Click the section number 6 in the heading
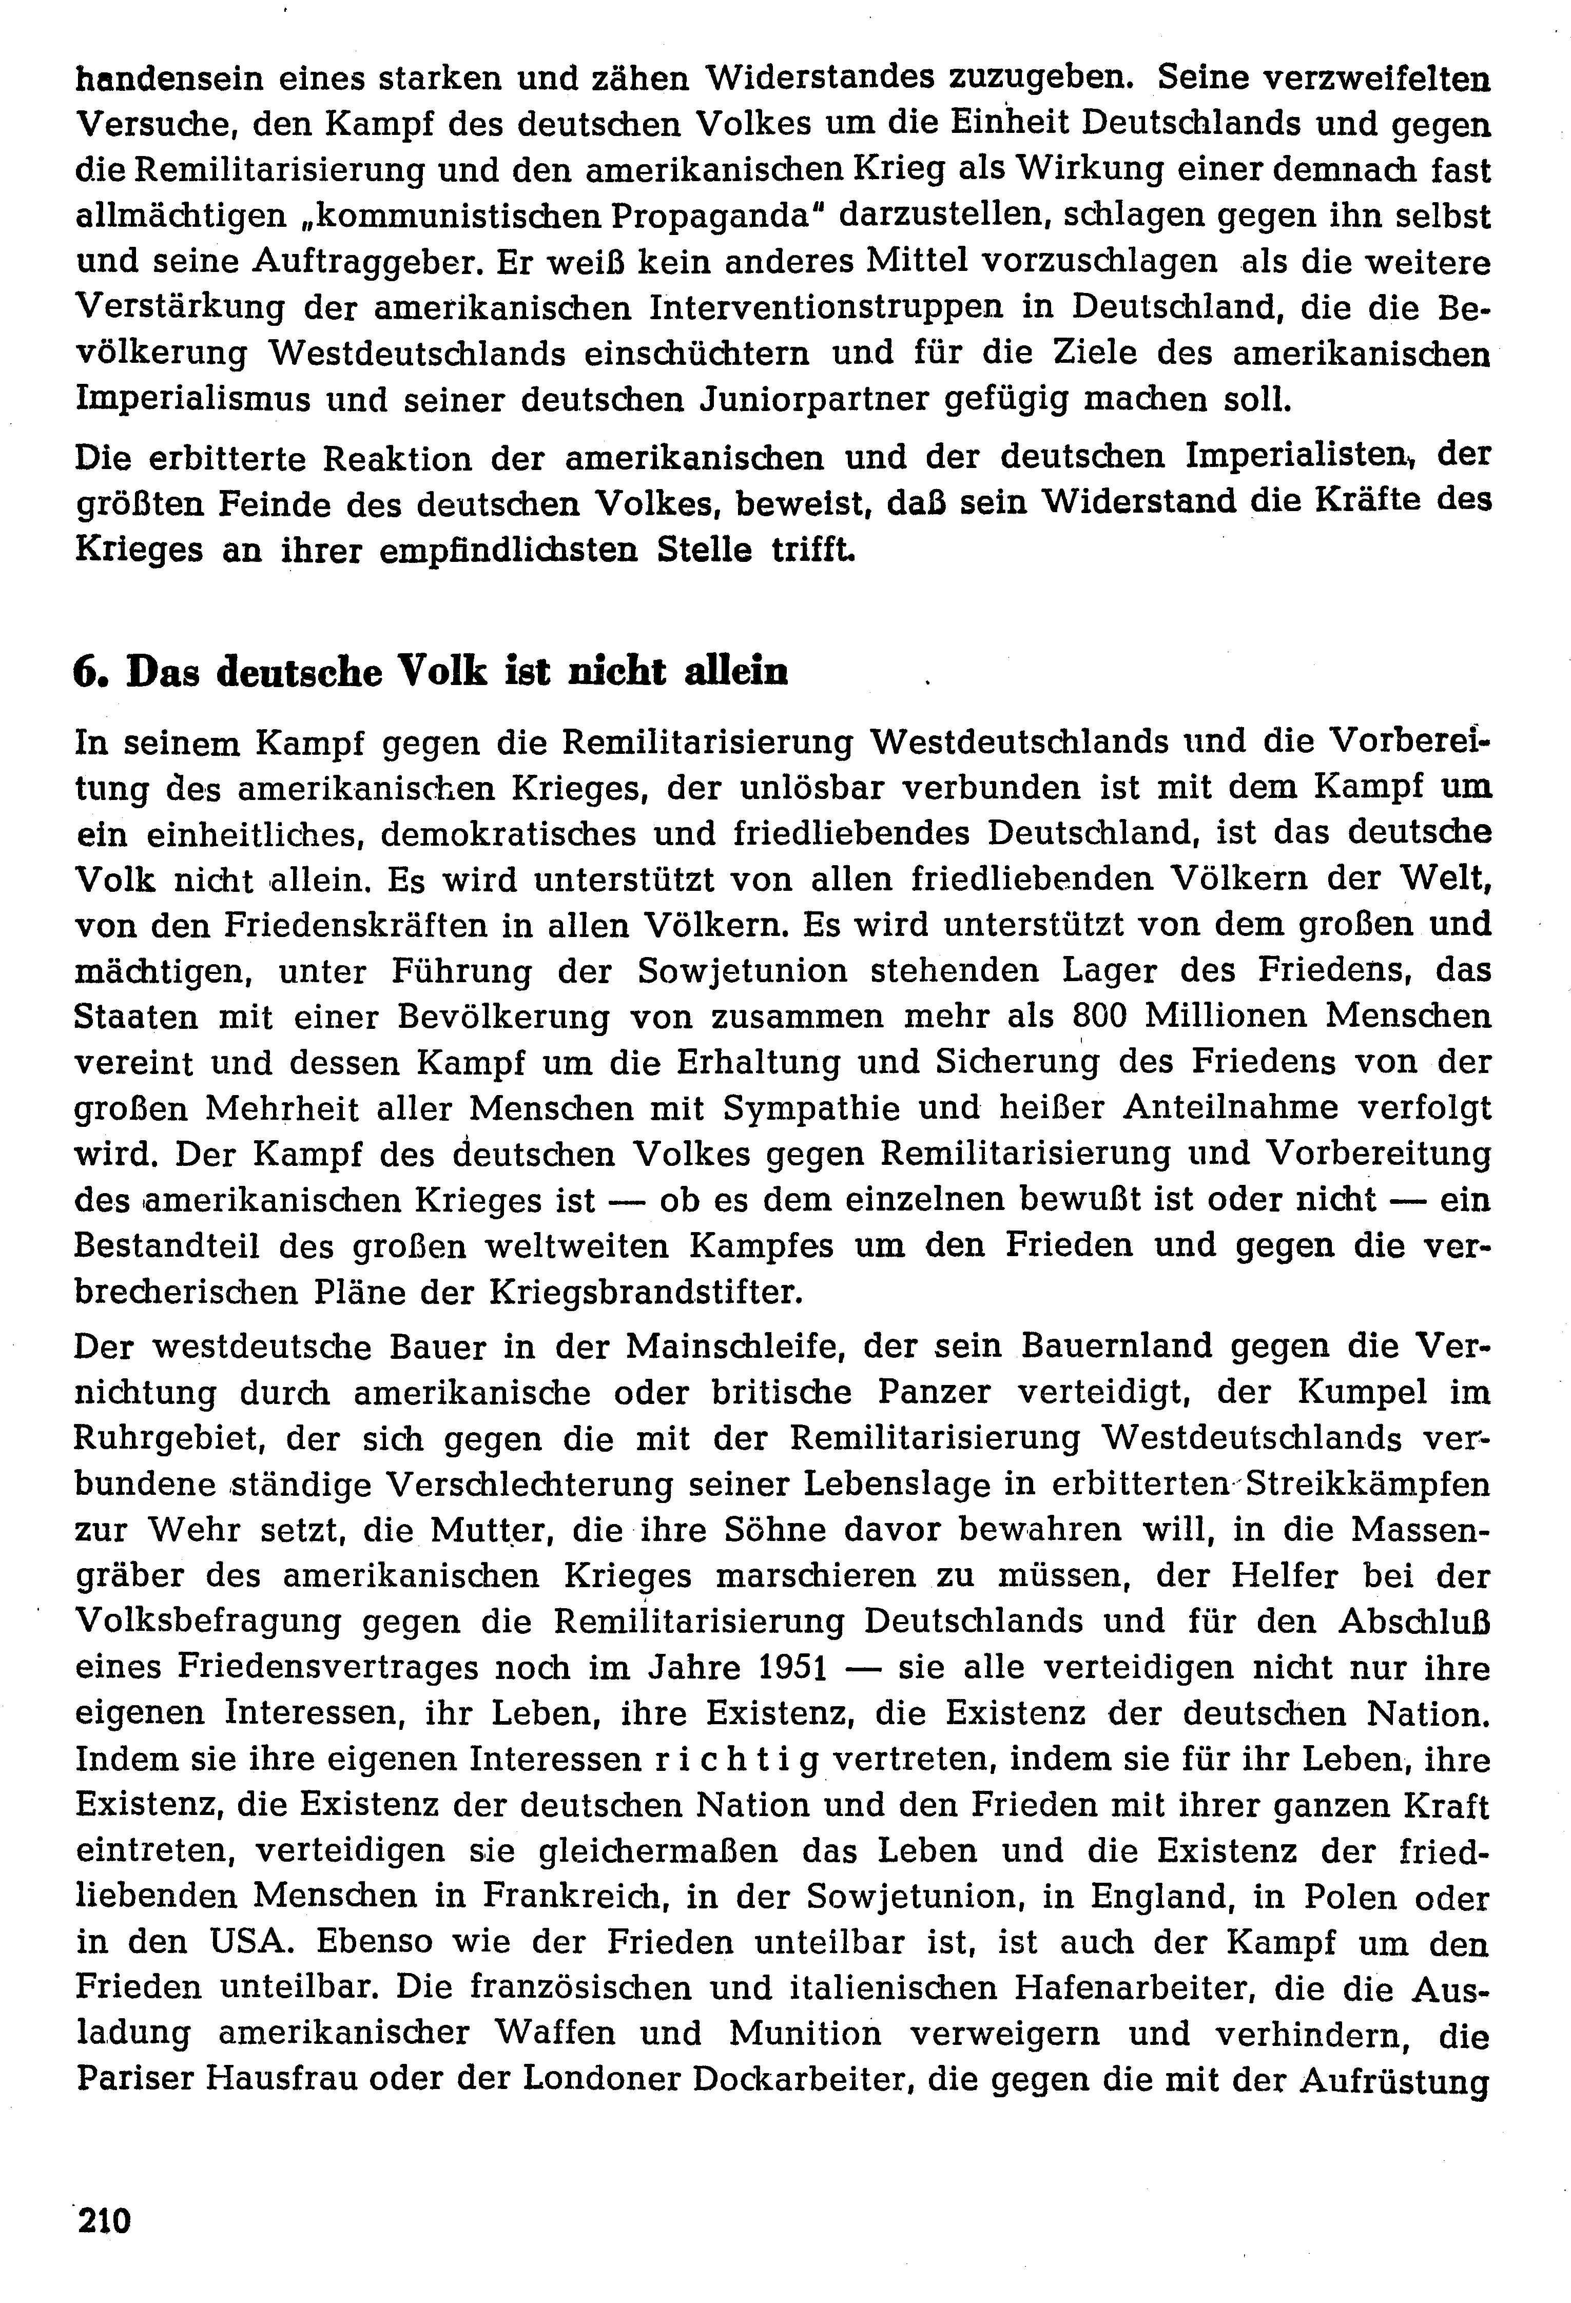coord(85,673)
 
